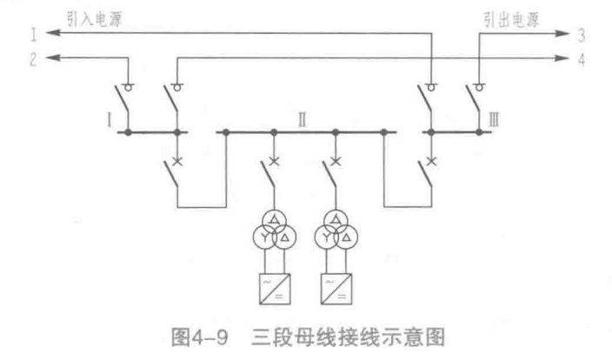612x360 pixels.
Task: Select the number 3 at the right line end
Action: (579, 34)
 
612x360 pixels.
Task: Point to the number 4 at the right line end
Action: (580, 58)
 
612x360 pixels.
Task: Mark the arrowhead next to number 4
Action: (562, 59)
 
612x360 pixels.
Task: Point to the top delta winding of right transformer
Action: (336, 218)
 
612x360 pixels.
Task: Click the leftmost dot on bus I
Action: (129, 133)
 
